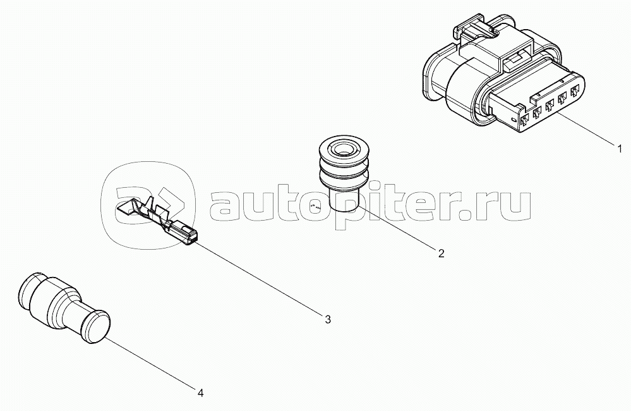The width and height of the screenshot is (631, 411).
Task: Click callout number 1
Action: [620, 149]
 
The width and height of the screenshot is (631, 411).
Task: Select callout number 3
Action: [328, 319]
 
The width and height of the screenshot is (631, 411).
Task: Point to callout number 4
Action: [200, 393]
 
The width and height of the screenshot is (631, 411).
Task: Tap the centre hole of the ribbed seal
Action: [344, 149]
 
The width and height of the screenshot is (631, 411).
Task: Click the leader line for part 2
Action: [398, 231]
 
